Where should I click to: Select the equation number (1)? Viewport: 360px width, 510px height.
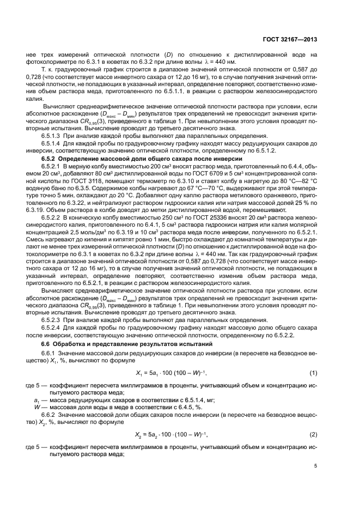(313, 372)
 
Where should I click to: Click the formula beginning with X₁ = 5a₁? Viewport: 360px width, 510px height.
(171, 372)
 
